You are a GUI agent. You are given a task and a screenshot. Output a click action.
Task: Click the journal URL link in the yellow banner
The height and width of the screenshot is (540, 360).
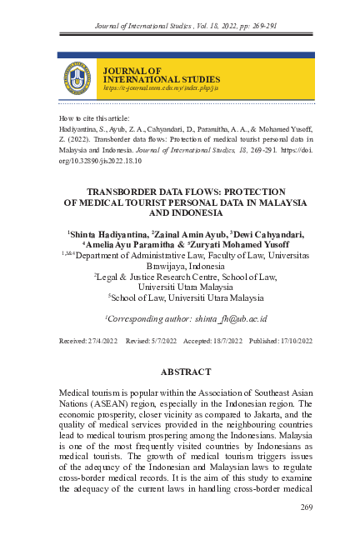pyautogui.click(x=148, y=87)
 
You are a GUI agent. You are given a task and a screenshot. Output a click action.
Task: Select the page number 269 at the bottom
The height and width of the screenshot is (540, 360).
pyautogui.click(x=304, y=507)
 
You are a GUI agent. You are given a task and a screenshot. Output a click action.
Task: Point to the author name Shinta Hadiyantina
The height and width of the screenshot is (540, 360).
pyautogui.click(x=105, y=233)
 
